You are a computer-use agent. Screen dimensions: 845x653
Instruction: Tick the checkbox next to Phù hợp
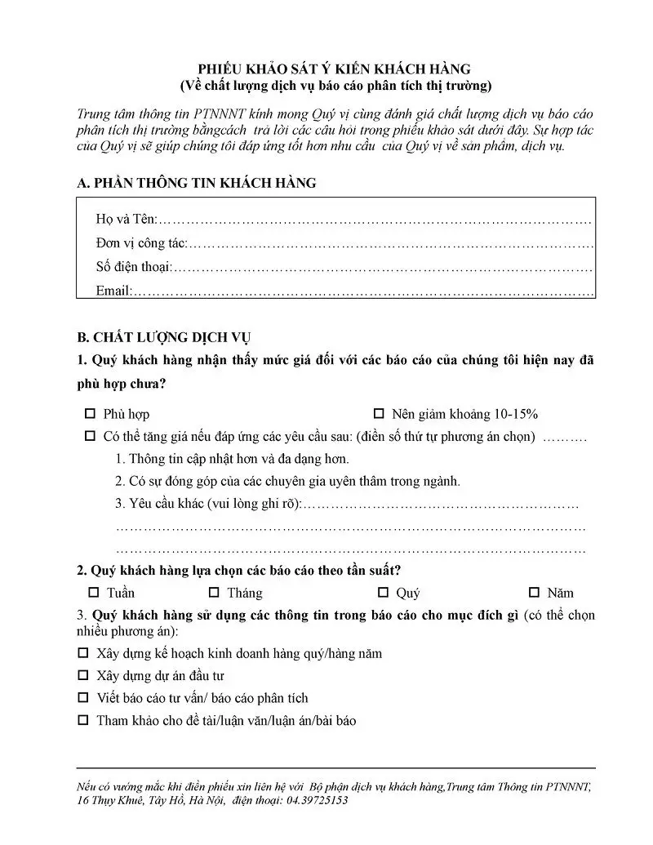point(90,414)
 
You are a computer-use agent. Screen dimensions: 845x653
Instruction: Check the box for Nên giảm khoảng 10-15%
point(379,414)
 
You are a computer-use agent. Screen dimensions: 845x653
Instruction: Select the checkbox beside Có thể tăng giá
point(90,437)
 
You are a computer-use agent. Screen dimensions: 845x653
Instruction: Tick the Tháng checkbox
point(214,593)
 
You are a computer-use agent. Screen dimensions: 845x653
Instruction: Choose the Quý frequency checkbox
point(384,593)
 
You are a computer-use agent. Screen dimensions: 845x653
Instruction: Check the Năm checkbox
point(535,593)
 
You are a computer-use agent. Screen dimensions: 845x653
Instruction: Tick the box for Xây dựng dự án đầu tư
point(82,676)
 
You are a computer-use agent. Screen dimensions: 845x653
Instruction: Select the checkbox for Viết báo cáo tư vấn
point(82,698)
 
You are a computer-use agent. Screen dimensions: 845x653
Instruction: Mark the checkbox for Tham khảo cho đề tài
point(82,721)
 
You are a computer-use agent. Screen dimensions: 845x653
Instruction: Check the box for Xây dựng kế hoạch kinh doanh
point(82,653)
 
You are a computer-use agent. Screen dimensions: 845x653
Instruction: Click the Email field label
point(113,290)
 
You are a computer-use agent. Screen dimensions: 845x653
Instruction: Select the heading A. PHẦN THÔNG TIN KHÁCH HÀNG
point(196,184)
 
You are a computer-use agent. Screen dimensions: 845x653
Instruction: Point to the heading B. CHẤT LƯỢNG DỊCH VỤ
point(164,337)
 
